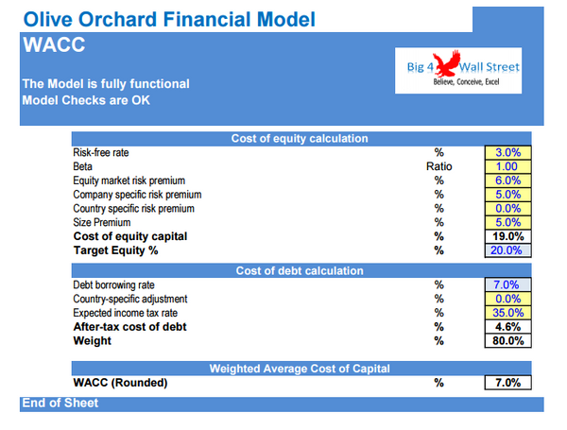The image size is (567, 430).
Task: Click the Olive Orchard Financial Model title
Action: pos(169,19)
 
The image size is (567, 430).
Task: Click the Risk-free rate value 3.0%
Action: pos(508,152)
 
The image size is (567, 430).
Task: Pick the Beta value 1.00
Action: pos(508,166)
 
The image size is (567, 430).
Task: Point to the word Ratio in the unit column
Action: pos(439,166)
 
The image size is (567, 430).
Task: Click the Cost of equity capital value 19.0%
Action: pos(508,236)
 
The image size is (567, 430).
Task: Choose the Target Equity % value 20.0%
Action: pos(508,250)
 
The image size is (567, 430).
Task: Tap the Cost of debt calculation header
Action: pos(299,271)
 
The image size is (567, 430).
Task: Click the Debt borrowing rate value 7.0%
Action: pos(508,284)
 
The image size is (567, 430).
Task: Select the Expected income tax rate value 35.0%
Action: pos(508,313)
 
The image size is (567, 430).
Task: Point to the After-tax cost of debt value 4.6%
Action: pos(508,327)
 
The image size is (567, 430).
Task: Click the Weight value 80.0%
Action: pos(508,341)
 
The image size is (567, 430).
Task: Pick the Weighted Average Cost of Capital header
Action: pos(299,368)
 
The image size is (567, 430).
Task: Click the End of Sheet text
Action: pos(60,404)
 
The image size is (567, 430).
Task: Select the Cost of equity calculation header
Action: pos(299,139)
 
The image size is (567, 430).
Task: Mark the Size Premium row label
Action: pos(106,222)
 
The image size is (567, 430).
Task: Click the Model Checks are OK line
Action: pos(88,101)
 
